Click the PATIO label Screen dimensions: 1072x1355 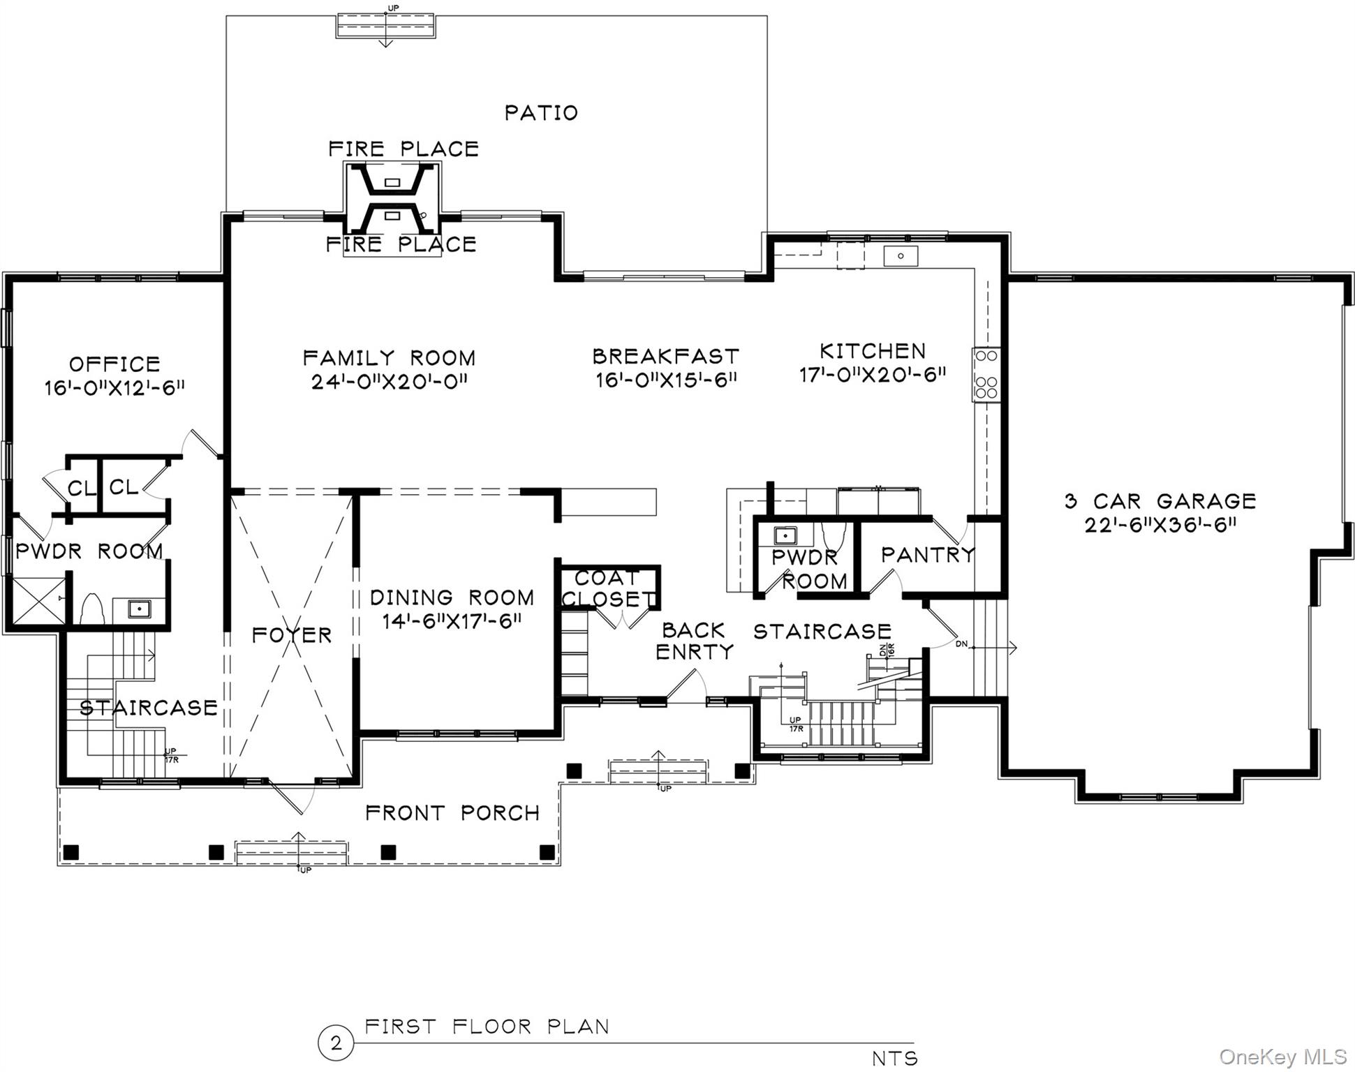point(541,112)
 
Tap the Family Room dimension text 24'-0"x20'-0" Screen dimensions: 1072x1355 point(389,382)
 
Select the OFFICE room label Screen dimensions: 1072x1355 point(114,364)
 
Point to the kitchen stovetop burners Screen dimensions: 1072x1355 point(986,375)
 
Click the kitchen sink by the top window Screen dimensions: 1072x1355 point(901,256)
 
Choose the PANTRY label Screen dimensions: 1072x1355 point(927,555)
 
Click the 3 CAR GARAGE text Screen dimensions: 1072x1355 point(1160,501)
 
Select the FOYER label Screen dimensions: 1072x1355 point(291,634)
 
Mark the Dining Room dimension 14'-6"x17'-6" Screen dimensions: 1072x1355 point(452,620)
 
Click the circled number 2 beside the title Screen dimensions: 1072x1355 point(336,1043)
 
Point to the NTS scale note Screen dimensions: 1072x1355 point(894,1058)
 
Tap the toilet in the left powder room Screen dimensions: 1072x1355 point(92,609)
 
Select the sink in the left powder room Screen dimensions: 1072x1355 point(140,609)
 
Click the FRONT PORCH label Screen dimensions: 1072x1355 point(452,812)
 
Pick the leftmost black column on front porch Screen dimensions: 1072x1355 point(71,852)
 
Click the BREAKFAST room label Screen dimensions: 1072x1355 point(665,356)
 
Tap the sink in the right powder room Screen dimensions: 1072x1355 point(785,536)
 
